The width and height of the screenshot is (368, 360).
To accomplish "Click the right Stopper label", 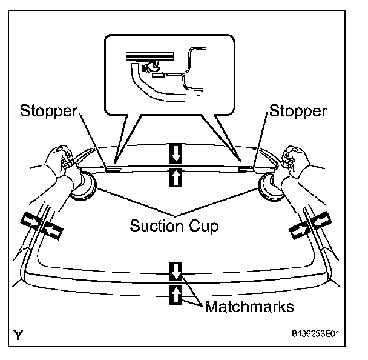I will [x=298, y=111].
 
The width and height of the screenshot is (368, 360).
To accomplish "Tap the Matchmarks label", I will [x=249, y=306].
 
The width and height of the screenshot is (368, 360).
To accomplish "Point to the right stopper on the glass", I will [x=246, y=169].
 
